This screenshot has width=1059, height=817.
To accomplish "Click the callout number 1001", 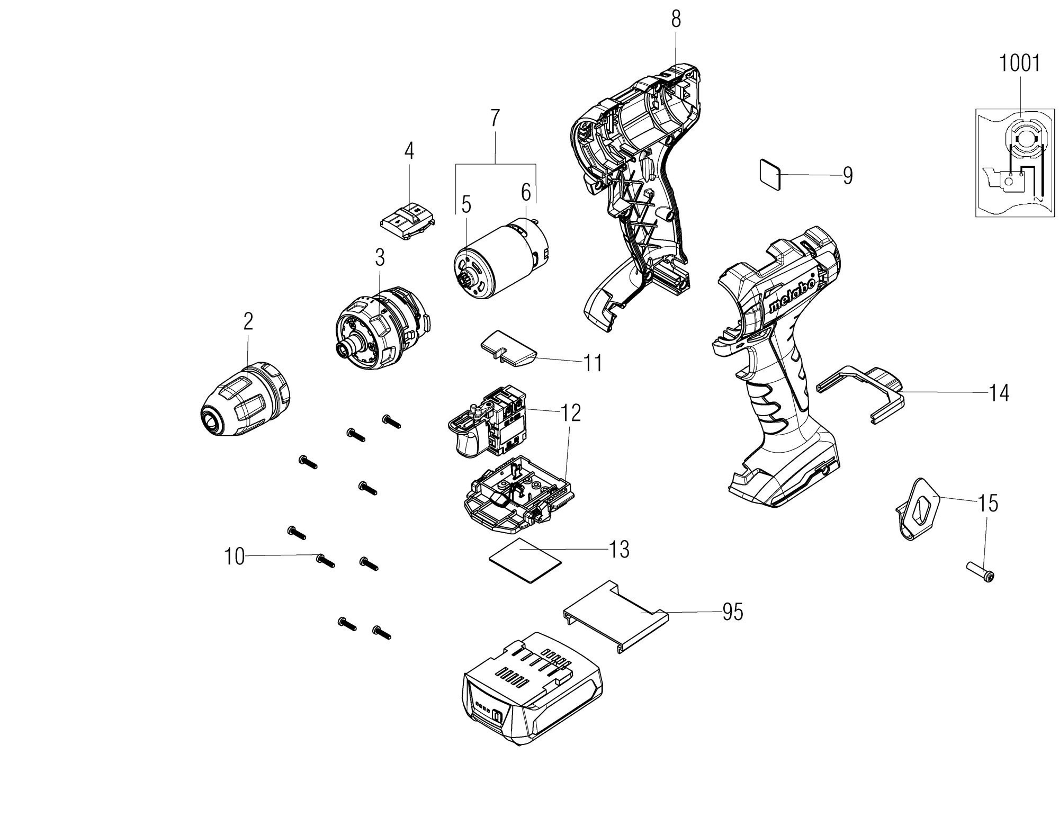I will click(1019, 63).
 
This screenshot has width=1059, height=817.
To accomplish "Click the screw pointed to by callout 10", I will click(325, 560).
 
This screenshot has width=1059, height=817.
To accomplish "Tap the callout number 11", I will click(593, 364).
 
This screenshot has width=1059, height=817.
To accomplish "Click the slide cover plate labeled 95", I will click(614, 616).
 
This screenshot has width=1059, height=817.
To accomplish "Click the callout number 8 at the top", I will click(676, 20).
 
